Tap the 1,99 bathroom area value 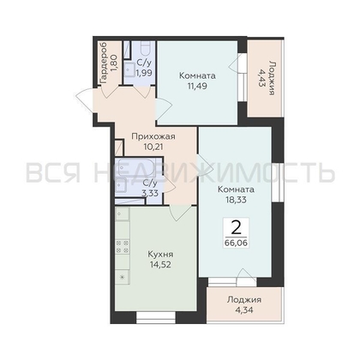144,73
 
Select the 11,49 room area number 197,86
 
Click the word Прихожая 153,137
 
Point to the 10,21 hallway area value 153,147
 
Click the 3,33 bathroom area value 150,193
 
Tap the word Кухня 160,255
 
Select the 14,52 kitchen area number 160,265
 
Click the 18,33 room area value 236,200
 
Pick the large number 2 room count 236,228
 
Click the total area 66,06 236,243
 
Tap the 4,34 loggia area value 244,310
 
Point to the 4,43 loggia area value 261,78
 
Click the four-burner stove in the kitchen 123,247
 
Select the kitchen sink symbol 123,213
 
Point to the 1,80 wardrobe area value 113,64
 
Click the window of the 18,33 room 276,183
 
